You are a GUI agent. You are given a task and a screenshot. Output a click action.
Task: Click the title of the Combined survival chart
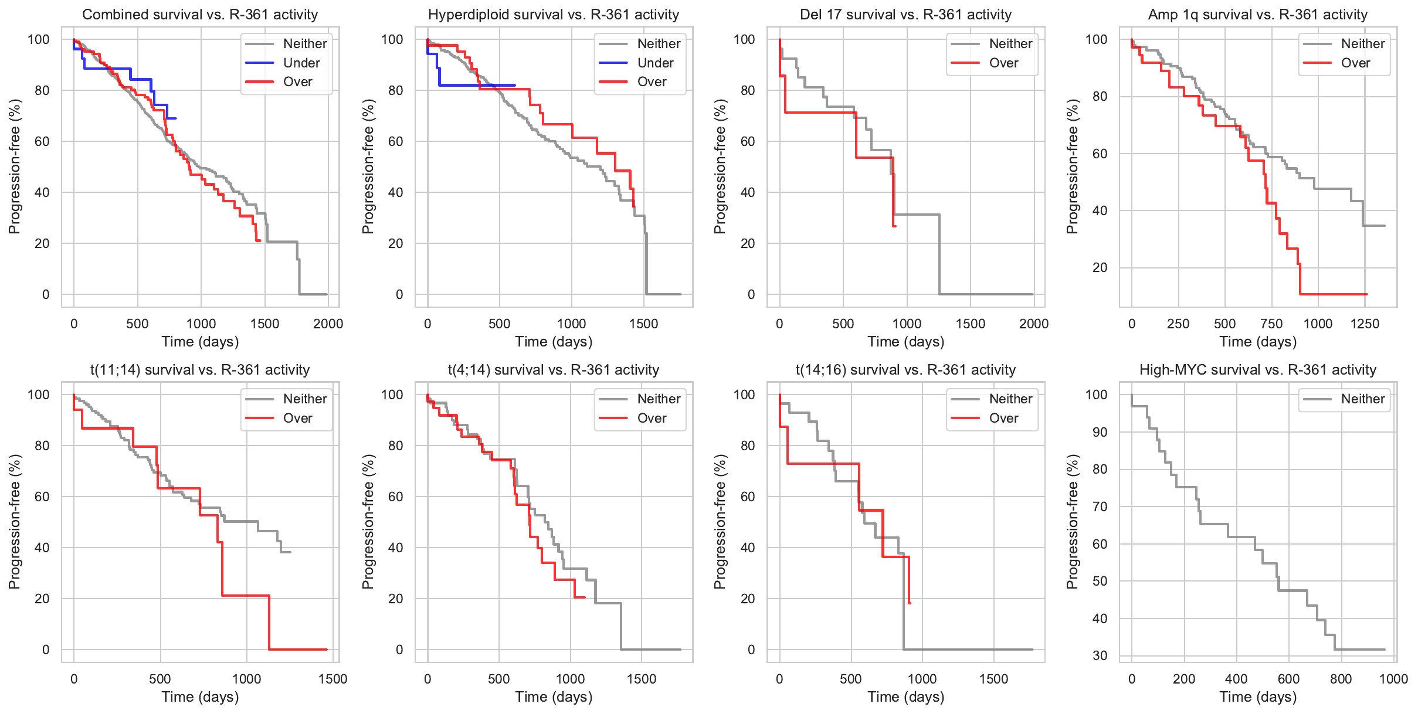coord(200,15)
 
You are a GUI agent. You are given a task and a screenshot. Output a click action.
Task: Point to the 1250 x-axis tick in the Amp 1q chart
coord(1365,324)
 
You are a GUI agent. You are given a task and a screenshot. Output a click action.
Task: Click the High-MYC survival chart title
coord(1257,370)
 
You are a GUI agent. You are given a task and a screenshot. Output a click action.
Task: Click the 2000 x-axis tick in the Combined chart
coord(328,324)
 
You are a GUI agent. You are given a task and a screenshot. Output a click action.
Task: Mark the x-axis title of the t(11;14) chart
coord(200,696)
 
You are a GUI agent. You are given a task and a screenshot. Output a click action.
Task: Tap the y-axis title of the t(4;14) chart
coord(368,521)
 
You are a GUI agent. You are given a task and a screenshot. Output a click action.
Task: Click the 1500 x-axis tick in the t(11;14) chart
coord(333,679)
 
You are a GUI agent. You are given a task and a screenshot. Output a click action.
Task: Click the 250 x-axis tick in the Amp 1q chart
coord(1178,324)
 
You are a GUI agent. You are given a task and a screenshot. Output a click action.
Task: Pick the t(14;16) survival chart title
coord(905,370)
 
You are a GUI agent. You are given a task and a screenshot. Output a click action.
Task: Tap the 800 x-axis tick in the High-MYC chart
coord(1341,679)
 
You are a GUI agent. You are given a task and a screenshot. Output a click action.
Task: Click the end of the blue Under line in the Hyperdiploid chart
coord(515,85)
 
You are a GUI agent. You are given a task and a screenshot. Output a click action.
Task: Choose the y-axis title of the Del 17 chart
coord(720,166)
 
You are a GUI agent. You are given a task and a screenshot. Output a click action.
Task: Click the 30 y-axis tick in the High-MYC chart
coord(1100,655)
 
